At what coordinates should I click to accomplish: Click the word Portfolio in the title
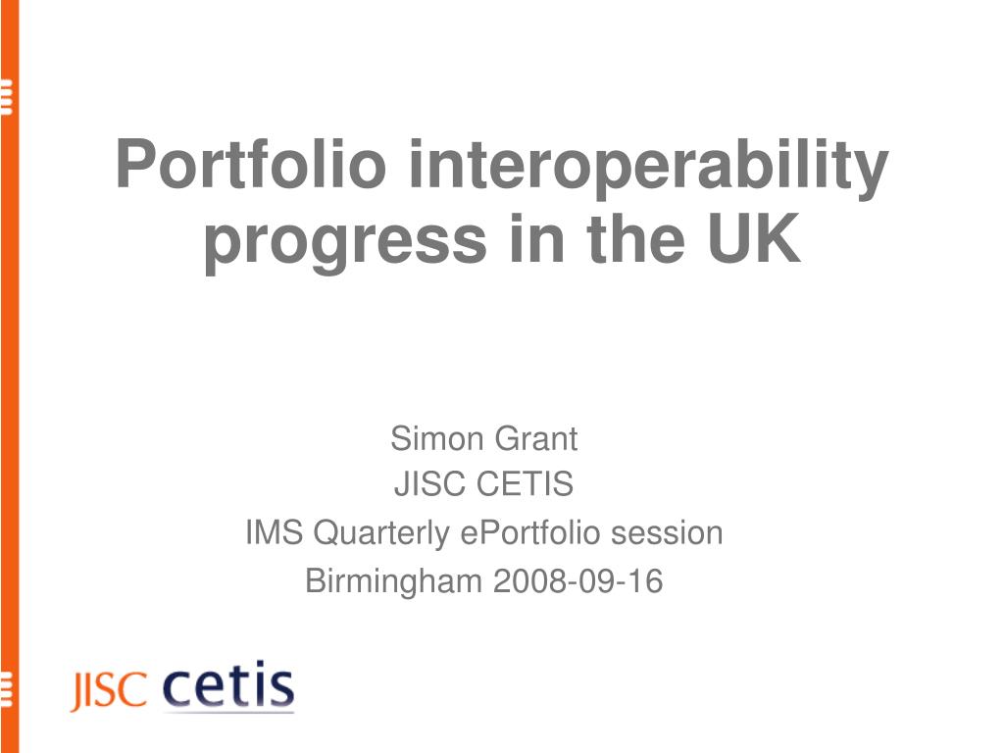point(251,164)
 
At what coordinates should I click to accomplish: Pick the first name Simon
point(436,438)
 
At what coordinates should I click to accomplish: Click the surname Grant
point(536,438)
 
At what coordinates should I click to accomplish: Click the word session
point(667,534)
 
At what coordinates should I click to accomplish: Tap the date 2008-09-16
point(578,581)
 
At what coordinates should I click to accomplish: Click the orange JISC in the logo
point(109,690)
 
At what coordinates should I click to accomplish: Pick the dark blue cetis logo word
point(228,684)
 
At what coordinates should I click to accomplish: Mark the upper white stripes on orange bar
point(7,96)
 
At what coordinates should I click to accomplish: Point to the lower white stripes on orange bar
point(7,690)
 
